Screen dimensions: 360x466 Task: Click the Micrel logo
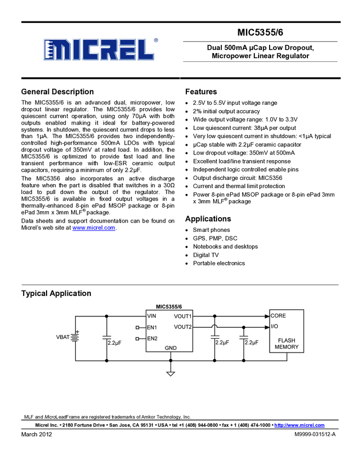pyautogui.click(x=98, y=49)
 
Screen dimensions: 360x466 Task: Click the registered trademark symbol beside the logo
pyautogui.click(x=156, y=40)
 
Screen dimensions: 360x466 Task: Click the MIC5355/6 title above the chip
pyautogui.click(x=169, y=308)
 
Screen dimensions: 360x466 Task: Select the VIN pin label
pyautogui.click(x=152, y=316)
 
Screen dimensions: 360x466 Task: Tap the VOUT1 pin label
pyautogui.click(x=183, y=316)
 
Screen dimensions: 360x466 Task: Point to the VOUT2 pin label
pyautogui.click(x=183, y=327)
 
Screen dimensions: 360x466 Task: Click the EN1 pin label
pyautogui.click(x=152, y=327)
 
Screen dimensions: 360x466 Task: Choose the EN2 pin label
pyautogui.click(x=152, y=338)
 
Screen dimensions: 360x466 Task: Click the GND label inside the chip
pyautogui.click(x=170, y=348)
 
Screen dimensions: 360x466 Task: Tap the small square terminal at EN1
pyautogui.click(x=138, y=327)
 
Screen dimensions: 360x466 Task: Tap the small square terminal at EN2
pyautogui.click(x=138, y=338)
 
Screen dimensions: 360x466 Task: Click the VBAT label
pyautogui.click(x=63, y=337)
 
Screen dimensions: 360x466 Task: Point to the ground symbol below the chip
pyautogui.click(x=170, y=374)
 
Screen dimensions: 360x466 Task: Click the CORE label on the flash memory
pyautogui.click(x=278, y=316)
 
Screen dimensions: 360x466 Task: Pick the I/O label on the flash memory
pyautogui.click(x=275, y=327)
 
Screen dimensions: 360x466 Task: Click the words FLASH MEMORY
pyautogui.click(x=287, y=344)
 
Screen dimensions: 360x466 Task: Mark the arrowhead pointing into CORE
pyautogui.click(x=266, y=316)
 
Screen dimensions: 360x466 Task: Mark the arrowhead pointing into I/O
pyautogui.click(x=266, y=327)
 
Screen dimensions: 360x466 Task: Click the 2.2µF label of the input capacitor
pyautogui.click(x=114, y=342)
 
